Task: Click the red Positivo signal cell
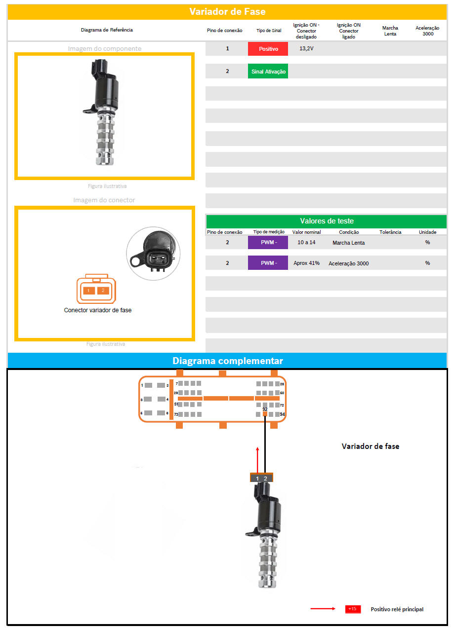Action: point(268,49)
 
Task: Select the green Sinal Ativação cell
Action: point(268,72)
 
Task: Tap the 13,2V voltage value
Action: point(306,49)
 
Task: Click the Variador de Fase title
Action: point(227,12)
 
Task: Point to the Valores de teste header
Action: point(327,221)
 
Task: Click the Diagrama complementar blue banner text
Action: point(227,361)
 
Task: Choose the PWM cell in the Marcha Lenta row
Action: point(268,242)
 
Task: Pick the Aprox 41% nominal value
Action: point(306,263)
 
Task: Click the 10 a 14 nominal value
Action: point(306,242)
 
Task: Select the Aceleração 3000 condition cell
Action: point(348,263)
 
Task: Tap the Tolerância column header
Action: point(390,232)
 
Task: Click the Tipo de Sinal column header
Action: point(269,31)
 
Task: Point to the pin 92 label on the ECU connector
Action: point(265,409)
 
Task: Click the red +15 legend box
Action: point(352,609)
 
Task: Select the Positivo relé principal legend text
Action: point(397,609)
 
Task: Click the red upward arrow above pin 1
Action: point(257,459)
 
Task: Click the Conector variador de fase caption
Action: point(98,310)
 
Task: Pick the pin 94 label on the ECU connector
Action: point(283,414)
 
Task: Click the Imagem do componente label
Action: point(105,48)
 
